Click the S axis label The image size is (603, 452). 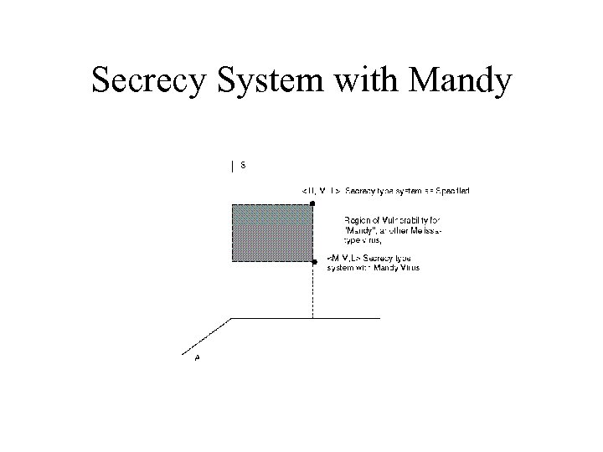[243, 165]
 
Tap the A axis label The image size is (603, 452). [197, 357]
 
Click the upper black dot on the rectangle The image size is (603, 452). [312, 203]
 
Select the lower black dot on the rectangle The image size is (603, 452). [314, 262]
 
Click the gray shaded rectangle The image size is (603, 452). [272, 233]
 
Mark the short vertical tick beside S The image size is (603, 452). [232, 166]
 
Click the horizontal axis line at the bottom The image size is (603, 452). [306, 318]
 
